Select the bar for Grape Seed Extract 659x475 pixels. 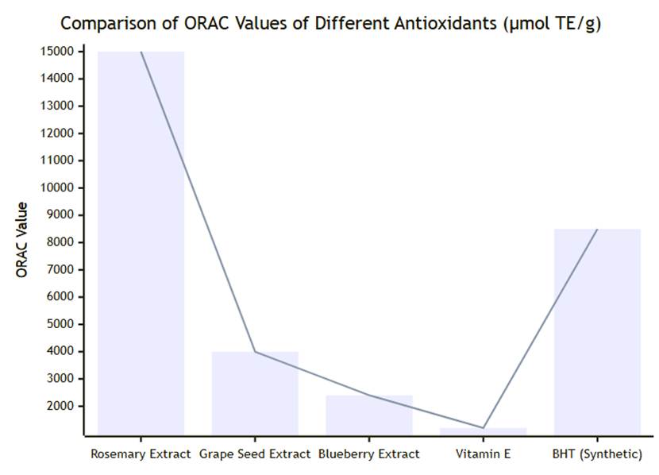[254, 392]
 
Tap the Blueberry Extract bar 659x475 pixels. [368, 415]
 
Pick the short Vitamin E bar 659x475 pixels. [483, 431]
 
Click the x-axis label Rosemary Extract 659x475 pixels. [141, 454]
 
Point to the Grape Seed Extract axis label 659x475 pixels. [254, 454]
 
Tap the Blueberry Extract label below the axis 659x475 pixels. [368, 454]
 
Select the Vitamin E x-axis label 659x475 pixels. [483, 454]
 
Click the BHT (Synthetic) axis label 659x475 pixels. [597, 454]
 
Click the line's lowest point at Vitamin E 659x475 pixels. [483, 427]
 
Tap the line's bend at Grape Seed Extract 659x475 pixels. [254, 351]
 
